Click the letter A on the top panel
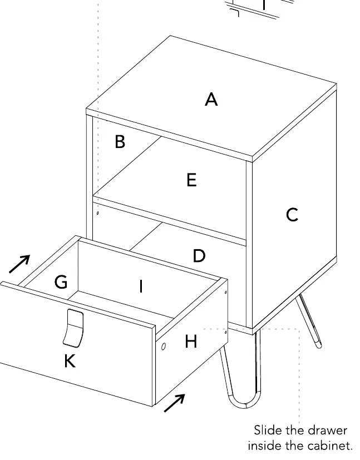tap(211, 99)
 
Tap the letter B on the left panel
tap(120, 141)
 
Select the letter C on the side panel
tap(292, 215)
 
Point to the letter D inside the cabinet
tap(199, 255)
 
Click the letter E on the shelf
tap(191, 180)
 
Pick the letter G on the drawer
tap(61, 282)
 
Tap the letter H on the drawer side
tap(191, 341)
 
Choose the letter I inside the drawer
tap(141, 286)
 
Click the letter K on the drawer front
tap(70, 360)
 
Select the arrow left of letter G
tap(19, 264)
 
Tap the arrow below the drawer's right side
tap(175, 403)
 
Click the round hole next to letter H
tap(164, 347)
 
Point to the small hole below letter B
tap(98, 212)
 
